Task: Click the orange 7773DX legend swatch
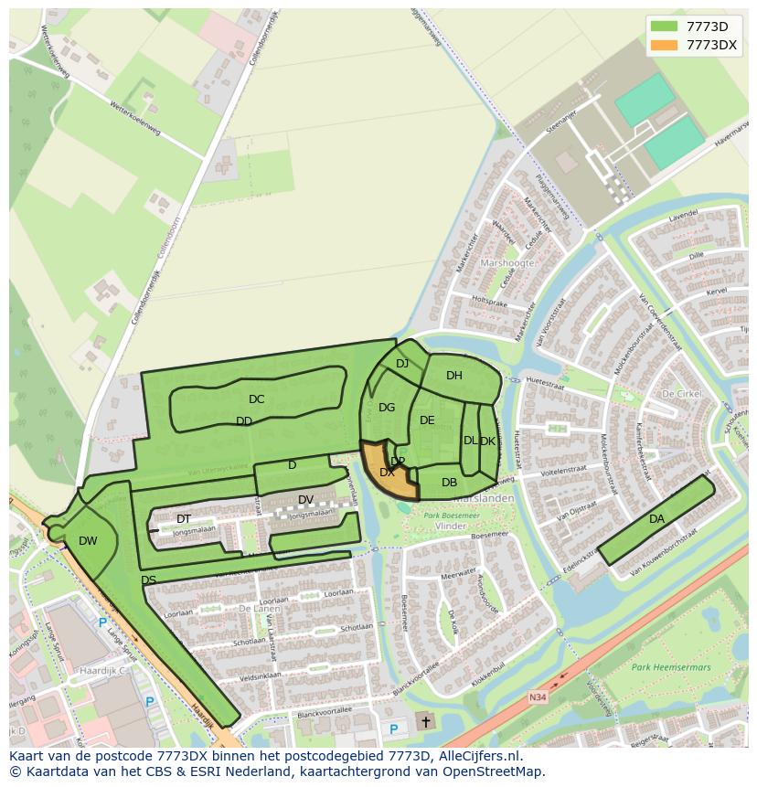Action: (664, 45)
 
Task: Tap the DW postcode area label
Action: (88, 541)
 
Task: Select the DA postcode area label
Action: (656, 519)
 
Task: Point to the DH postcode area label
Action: (454, 376)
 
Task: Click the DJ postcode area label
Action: (402, 364)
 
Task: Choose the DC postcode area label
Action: (256, 399)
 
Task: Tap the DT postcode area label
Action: (184, 519)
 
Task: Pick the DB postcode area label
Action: (449, 483)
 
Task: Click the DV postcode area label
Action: (305, 499)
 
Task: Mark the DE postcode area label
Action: (427, 420)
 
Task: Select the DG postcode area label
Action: (387, 408)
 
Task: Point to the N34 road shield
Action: (538, 697)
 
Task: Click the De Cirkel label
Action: (681, 393)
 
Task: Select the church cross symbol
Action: (425, 721)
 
